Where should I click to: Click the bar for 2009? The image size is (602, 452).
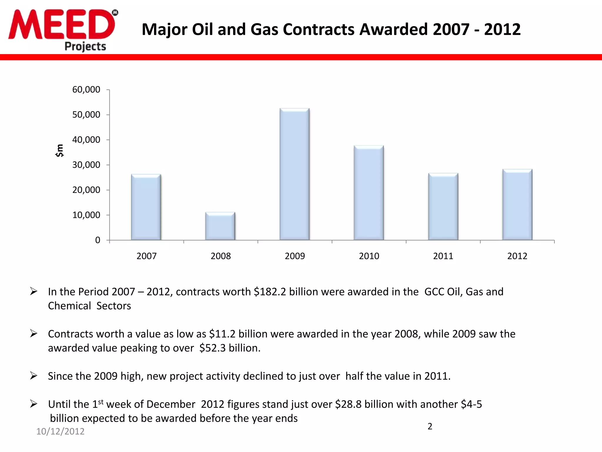(x=295, y=174)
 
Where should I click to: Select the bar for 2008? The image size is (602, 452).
(x=220, y=226)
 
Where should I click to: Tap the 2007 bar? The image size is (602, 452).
(x=146, y=207)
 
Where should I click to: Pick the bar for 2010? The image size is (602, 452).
(x=369, y=193)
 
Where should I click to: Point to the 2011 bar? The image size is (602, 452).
(x=443, y=207)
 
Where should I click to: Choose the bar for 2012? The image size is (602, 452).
(x=517, y=205)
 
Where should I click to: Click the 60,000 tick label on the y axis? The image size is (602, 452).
(x=86, y=89)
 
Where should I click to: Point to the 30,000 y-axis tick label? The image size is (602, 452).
(x=86, y=165)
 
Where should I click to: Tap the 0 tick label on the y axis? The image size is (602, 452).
(x=98, y=240)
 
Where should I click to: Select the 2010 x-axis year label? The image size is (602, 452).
(x=369, y=256)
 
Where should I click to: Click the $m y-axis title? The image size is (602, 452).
(x=60, y=150)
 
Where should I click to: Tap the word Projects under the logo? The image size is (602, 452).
(x=85, y=46)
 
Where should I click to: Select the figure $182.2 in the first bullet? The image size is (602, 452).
(x=270, y=292)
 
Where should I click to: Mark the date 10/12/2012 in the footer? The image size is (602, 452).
(x=60, y=431)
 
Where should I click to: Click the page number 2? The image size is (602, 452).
(x=430, y=426)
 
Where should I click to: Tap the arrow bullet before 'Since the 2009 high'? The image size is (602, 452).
(x=34, y=376)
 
